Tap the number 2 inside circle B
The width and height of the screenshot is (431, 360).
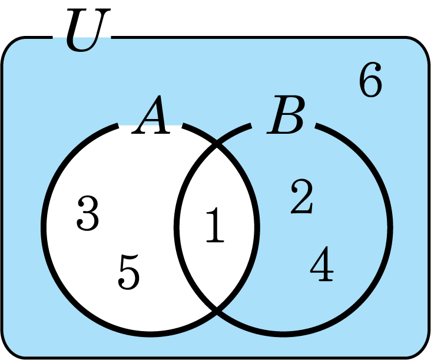pyautogui.click(x=301, y=197)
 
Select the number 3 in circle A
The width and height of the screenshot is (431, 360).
pyautogui.click(x=88, y=213)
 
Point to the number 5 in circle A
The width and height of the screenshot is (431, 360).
pyautogui.click(x=129, y=272)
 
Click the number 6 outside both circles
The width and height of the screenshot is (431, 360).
pyautogui.click(x=370, y=81)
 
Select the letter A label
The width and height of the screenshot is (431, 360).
pyautogui.click(x=151, y=118)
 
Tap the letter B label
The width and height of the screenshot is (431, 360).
pyautogui.click(x=286, y=118)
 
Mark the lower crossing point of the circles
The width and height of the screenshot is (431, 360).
pyautogui.click(x=217, y=308)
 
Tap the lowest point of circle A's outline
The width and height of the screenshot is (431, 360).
pyautogui.click(x=150, y=335)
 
